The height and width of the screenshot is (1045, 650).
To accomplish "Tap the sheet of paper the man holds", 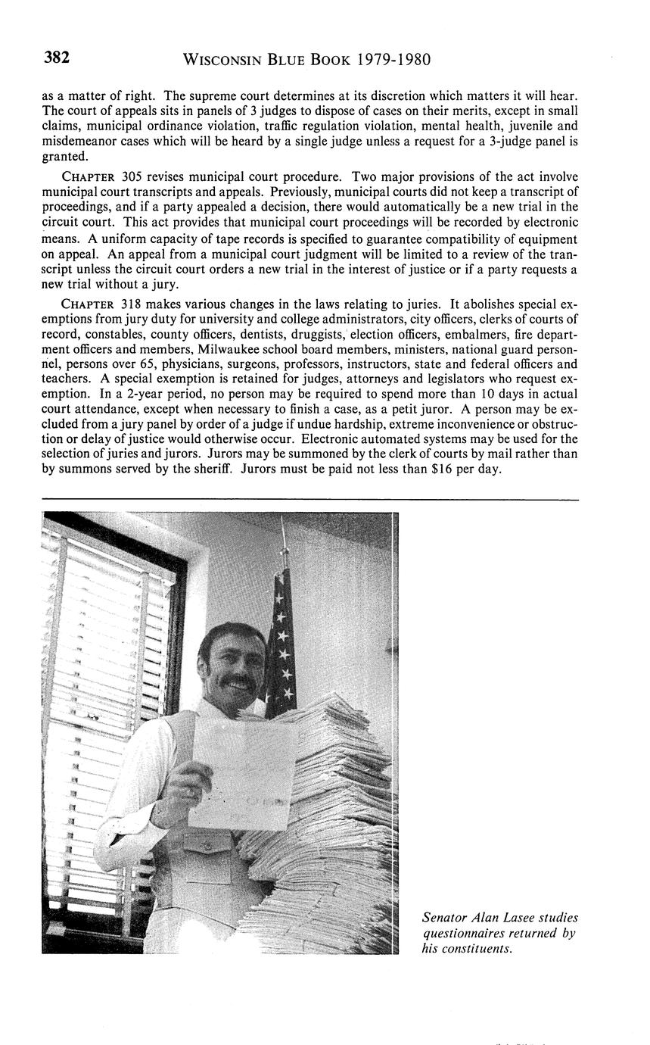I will click(243, 772).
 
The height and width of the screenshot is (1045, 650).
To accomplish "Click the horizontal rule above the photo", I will click(309, 500).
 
